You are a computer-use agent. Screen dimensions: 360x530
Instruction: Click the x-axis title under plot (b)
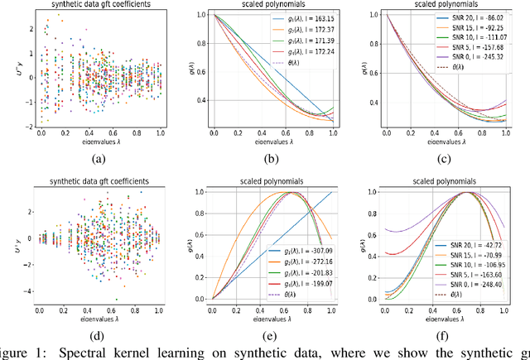[270, 143]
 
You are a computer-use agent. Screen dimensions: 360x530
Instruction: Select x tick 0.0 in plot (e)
[213, 312]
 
